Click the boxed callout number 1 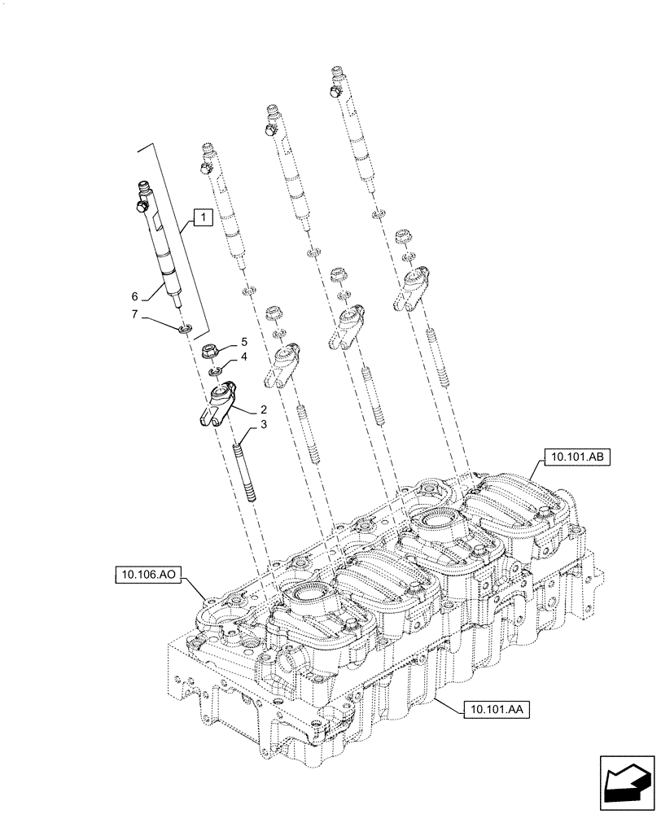[203, 217]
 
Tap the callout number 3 [264, 426]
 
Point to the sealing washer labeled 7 [186, 328]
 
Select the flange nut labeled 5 [210, 353]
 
